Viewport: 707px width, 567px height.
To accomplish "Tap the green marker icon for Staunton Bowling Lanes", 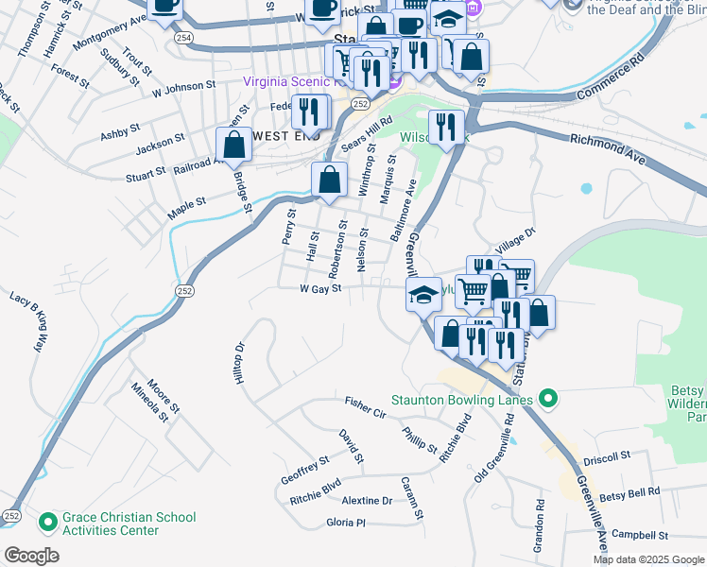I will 544,399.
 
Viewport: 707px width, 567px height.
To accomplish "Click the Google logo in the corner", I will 31,556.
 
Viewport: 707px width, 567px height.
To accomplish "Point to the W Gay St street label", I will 319,289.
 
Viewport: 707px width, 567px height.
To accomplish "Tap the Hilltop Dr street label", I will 239,363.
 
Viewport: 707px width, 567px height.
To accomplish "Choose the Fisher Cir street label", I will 366,408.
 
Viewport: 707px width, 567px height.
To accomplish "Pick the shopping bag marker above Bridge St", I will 233,145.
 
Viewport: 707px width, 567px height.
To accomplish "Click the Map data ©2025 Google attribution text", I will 648,559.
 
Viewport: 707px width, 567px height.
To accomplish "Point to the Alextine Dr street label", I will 367,500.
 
